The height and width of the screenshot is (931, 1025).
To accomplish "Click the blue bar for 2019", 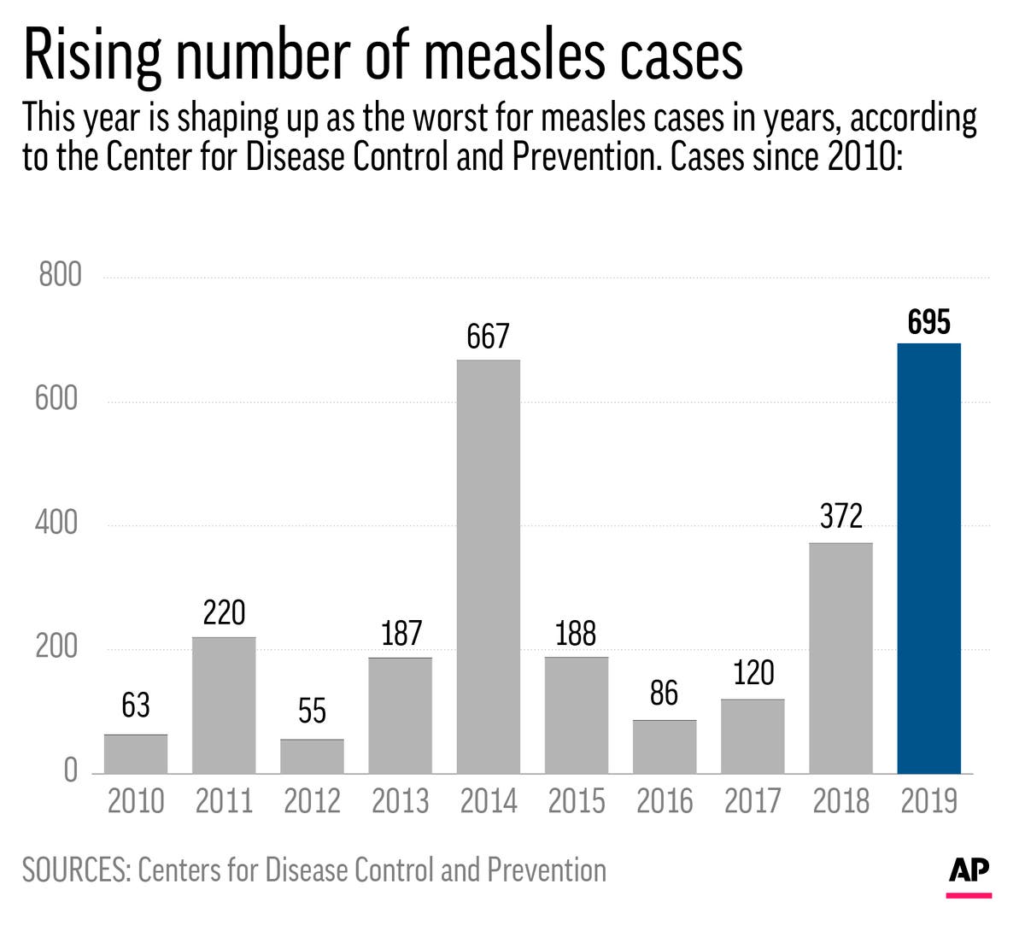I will (x=929, y=559).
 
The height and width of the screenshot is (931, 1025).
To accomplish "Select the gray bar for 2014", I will (x=489, y=567).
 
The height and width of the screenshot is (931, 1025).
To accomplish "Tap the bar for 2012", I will (x=313, y=757).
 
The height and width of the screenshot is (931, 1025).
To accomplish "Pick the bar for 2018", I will (x=841, y=658).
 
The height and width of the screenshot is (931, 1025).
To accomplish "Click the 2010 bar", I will (x=136, y=754).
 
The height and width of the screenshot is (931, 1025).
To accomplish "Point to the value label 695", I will (x=929, y=323).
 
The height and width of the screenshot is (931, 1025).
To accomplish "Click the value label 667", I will (x=488, y=337).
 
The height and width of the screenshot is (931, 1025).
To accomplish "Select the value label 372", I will (x=841, y=517).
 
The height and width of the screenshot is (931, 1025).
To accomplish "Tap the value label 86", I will (x=664, y=694).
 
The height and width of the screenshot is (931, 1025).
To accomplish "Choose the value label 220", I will (x=224, y=613).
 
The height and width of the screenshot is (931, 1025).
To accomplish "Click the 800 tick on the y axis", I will (x=61, y=275).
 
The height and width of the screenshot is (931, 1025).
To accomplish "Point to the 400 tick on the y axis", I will (x=58, y=523).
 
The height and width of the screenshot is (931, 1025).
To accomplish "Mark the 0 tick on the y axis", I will (x=71, y=771).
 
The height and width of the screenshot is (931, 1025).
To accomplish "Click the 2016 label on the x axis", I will (x=665, y=801).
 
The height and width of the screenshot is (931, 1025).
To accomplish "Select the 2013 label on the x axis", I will (x=401, y=801).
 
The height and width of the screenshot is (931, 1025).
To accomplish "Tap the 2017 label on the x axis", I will (x=753, y=801).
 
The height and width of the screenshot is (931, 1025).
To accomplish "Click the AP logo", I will (x=969, y=870).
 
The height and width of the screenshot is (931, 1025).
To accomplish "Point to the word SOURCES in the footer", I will (x=74, y=870).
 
